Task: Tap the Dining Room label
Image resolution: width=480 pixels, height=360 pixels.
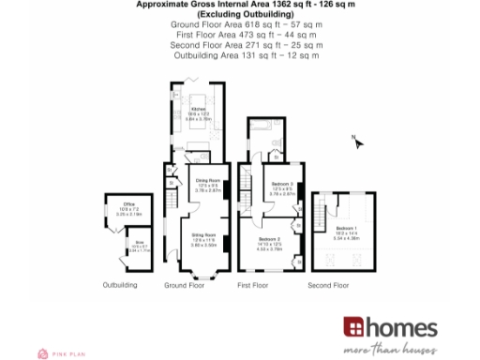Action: click(206, 179)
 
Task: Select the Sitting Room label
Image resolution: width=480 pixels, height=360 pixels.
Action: click(203, 234)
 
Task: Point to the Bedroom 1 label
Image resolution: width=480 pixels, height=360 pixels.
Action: click(345, 228)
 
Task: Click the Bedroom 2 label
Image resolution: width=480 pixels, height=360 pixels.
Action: click(270, 239)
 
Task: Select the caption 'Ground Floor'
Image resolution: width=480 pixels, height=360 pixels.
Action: click(184, 284)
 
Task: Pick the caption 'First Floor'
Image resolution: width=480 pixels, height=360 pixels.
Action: click(254, 284)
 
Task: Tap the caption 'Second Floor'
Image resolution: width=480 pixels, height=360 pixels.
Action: click(328, 284)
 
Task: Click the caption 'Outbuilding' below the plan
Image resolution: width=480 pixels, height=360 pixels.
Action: click(120, 284)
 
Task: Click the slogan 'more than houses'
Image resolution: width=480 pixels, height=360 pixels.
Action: click(390, 348)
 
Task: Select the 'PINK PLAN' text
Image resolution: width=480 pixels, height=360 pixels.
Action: click(64, 352)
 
